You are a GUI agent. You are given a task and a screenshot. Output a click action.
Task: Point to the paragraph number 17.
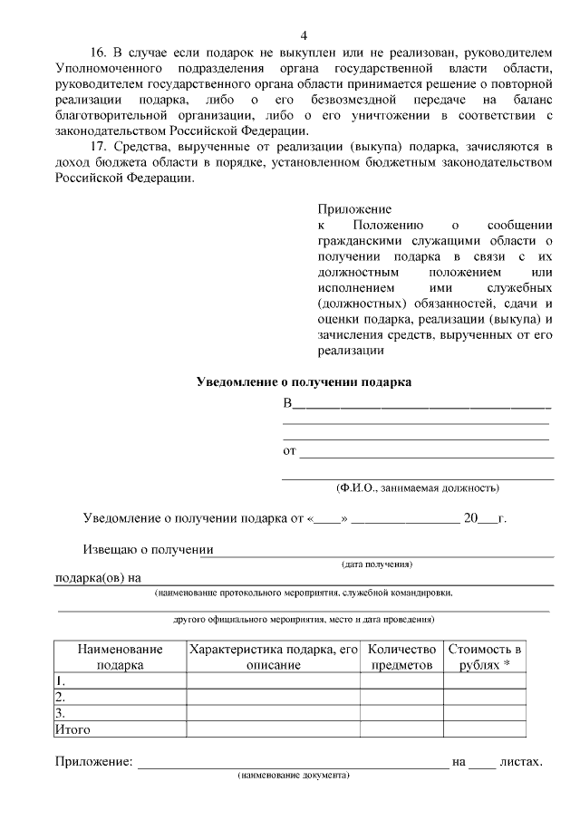pyautogui.click(x=99, y=147)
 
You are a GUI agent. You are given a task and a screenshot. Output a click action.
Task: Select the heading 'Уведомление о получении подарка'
pyautogui.click(x=304, y=382)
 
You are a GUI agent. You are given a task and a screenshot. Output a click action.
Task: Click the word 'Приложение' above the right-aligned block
pyautogui.click(x=348, y=208)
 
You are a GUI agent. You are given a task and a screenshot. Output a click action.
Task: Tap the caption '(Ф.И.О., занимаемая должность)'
pyautogui.click(x=417, y=487)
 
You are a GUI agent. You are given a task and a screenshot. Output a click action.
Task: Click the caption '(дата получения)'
pyautogui.click(x=377, y=564)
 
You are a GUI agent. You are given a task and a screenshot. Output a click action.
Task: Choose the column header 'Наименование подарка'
pyautogui.click(x=120, y=657)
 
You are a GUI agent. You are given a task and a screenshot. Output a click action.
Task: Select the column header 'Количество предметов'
pyautogui.click(x=401, y=657)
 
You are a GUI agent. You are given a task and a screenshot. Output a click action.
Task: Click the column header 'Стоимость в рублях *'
pyautogui.click(x=484, y=657)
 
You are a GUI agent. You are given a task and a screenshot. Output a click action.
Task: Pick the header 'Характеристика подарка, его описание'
pyautogui.click(x=273, y=657)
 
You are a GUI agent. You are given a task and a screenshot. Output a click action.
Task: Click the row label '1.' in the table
pyautogui.click(x=60, y=680)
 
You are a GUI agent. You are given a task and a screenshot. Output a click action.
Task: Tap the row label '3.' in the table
pyautogui.click(x=60, y=712)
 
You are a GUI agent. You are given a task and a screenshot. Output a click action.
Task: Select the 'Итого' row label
pyautogui.click(x=72, y=728)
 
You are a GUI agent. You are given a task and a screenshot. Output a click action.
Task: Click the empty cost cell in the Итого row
pyautogui.click(x=484, y=728)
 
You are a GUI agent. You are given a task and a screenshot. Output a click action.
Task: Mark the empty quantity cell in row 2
pyautogui.click(x=401, y=697)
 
